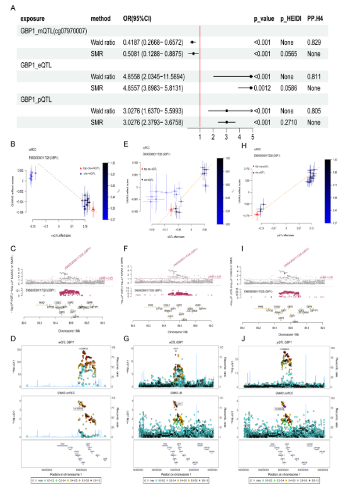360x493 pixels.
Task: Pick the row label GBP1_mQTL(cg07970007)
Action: [x=54, y=31]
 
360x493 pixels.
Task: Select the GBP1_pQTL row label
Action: [x=36, y=100]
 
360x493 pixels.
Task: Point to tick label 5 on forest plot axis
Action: [x=252, y=136]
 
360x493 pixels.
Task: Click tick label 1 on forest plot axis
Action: [x=200, y=136]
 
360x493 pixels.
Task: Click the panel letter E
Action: [x=137, y=143]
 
